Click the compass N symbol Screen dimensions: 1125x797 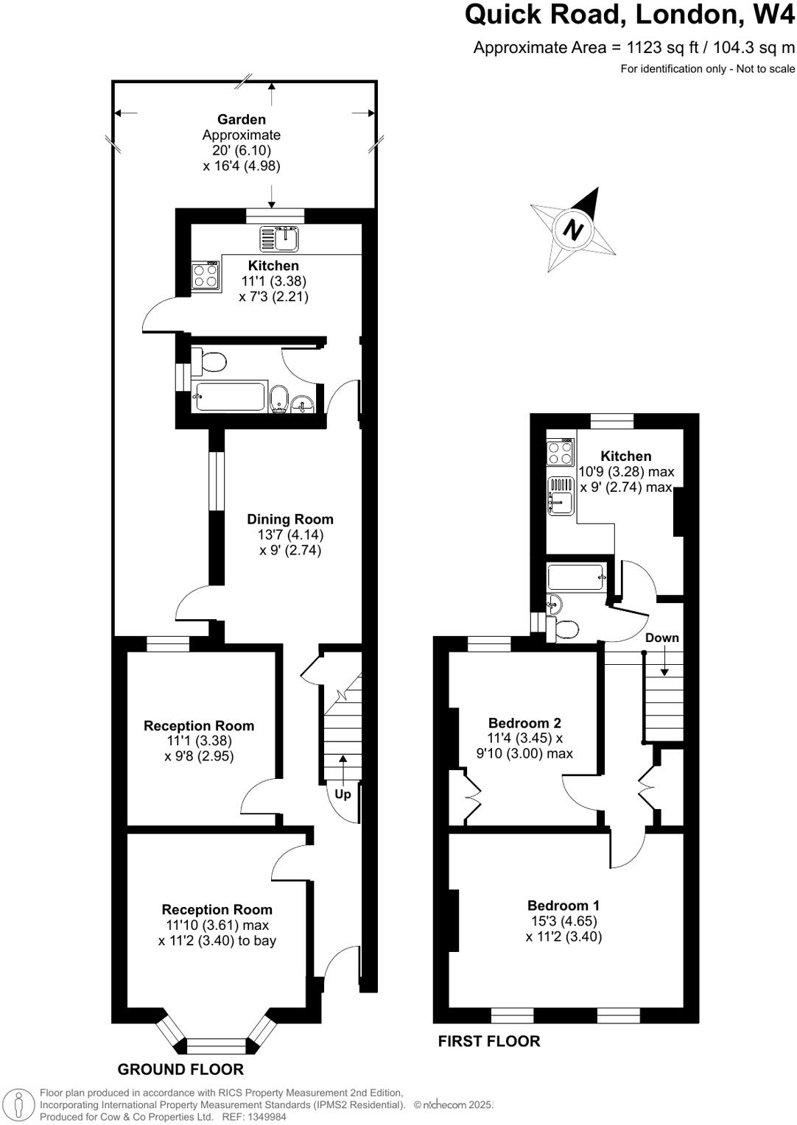pos(572,229)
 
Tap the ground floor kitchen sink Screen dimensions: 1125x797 pos(279,239)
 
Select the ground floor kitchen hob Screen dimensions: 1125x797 pos(205,275)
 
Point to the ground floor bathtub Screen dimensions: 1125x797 pos(228,396)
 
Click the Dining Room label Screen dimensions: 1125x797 pos(289,519)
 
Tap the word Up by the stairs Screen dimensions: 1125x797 pos(343,794)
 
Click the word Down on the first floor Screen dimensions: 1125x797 pos(661,638)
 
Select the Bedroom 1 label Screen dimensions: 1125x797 pos(563,906)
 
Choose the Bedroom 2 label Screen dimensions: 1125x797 pos(524,723)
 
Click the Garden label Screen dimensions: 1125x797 pos(242,119)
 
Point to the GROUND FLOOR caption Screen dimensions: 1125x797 pos(180,1069)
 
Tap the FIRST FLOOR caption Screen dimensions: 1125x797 pos(489,1041)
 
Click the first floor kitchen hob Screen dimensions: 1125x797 pos(560,452)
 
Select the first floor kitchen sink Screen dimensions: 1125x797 pos(560,495)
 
